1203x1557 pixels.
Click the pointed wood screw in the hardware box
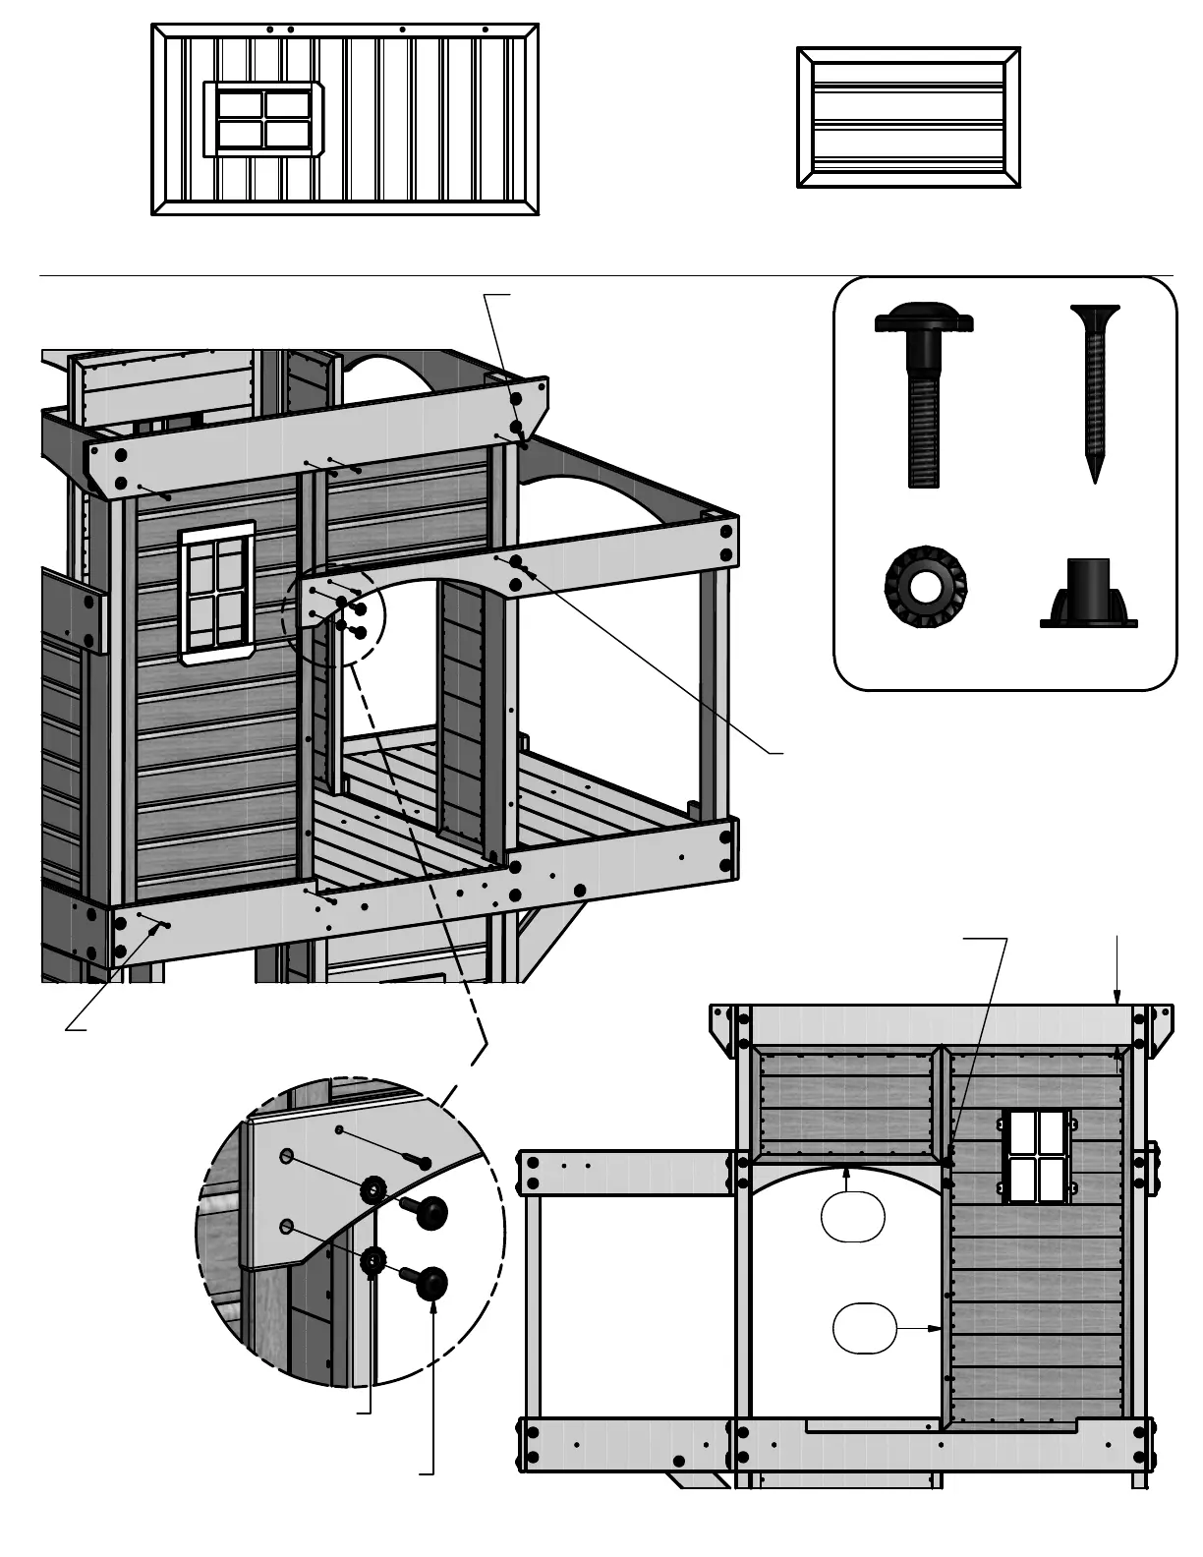[1095, 388]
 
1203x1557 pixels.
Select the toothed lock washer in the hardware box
[926, 588]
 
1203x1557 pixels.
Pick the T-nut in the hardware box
[1088, 594]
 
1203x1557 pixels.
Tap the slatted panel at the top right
[908, 118]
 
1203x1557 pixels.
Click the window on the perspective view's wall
[217, 593]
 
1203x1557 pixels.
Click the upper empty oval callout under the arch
[853, 1216]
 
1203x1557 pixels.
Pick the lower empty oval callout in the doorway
[865, 1329]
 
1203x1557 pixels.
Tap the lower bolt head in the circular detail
[430, 1283]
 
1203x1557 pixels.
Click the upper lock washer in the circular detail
[373, 1190]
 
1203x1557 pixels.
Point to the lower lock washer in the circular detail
[372, 1260]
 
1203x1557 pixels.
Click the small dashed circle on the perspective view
[334, 615]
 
